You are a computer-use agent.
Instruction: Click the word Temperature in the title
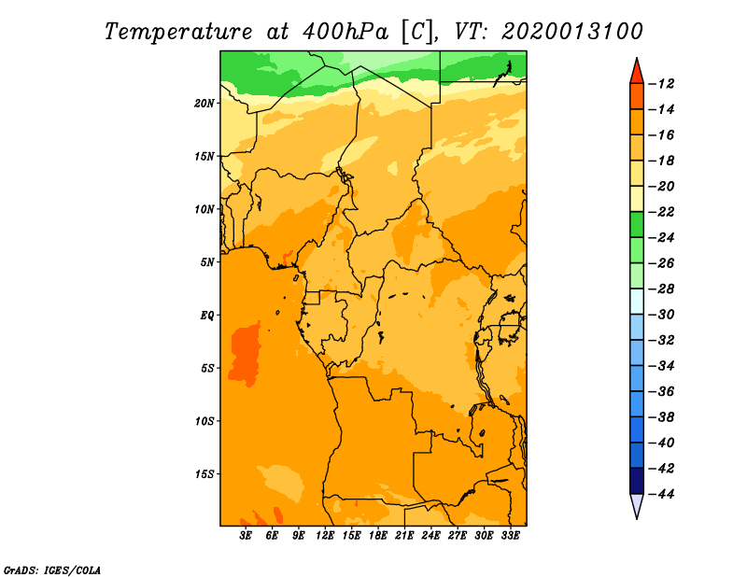[178, 32]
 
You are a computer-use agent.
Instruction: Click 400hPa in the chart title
[345, 32]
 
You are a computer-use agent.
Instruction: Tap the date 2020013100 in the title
[572, 32]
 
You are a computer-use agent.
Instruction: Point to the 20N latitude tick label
[204, 104]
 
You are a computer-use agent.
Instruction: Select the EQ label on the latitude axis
[206, 316]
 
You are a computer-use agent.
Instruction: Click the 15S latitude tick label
[204, 474]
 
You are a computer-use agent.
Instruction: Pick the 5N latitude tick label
[207, 262]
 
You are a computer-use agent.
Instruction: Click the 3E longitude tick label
[246, 536]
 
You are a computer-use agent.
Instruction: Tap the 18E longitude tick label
[378, 536]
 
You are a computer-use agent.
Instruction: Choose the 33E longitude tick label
[510, 536]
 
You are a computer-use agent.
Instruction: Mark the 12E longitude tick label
[325, 536]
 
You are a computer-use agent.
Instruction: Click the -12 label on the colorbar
[661, 84]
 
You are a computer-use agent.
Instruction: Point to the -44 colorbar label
[661, 494]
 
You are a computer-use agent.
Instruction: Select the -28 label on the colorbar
[661, 289]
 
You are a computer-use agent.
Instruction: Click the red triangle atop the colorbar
[637, 72]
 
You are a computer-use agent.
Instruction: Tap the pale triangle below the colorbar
[637, 505]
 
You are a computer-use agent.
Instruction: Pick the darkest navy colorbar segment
[637, 481]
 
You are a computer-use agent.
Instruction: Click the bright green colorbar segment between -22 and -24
[637, 225]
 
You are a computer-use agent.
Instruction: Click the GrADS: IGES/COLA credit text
[52, 570]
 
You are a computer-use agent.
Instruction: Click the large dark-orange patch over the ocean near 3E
[246, 353]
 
